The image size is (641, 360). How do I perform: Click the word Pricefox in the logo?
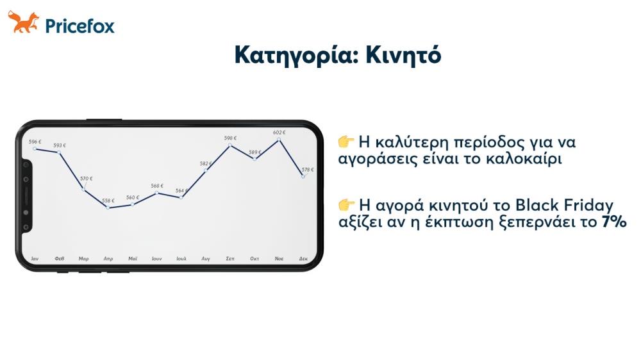coord(80,26)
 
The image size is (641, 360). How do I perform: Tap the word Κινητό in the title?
coord(403,55)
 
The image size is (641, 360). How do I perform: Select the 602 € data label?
coord(279,132)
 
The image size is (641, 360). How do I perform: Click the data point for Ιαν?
coord(35,149)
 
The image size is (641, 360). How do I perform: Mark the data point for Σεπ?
coord(230,145)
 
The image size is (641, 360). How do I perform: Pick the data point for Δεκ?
coord(303,176)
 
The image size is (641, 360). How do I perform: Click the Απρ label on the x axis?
coord(108,259)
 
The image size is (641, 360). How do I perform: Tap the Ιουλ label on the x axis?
coord(181,259)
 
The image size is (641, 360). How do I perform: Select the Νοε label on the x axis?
coord(279,259)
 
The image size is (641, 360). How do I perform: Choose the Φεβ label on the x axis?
coord(60,259)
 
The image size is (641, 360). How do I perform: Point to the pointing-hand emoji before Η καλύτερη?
coord(346,141)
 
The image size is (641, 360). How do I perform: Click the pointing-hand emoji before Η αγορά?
coord(346,205)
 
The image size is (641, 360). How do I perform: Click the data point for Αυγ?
coord(206,170)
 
